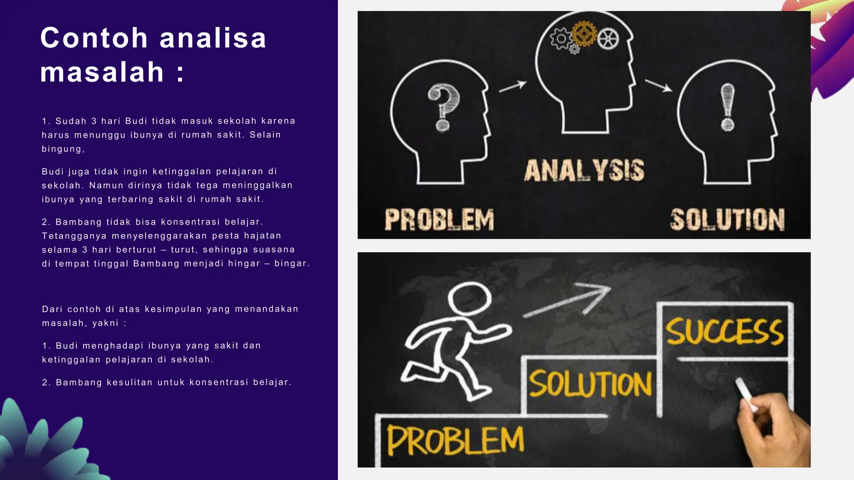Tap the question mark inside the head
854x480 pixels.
pos(443,106)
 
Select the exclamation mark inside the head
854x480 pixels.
pos(728,106)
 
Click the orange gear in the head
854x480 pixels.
pos(584,33)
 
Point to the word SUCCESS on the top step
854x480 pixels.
pos(725,332)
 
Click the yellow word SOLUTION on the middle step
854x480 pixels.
pos(590,384)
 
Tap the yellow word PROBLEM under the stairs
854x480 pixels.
pos(455,441)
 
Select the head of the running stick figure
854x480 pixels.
pos(470,299)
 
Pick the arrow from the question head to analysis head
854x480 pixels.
pos(513,86)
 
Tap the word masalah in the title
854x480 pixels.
pos(102,72)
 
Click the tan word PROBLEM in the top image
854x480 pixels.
pos(439,220)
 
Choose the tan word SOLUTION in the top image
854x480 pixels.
pos(727,220)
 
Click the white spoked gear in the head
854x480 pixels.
pos(608,39)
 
